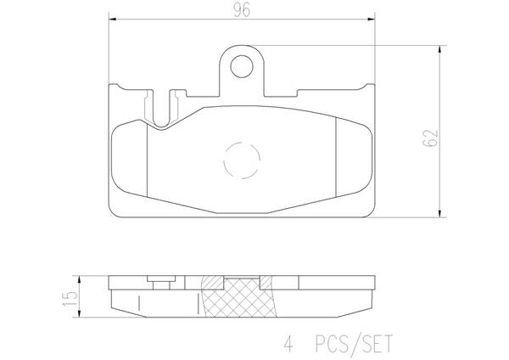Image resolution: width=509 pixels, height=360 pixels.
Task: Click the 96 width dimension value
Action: [242, 10]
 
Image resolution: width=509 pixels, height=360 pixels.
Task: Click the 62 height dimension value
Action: [430, 138]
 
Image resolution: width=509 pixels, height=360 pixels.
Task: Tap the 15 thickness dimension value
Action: [70, 299]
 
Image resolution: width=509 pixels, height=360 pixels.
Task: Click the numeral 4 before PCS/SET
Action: [288, 345]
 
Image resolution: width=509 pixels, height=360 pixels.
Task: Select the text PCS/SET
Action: [354, 344]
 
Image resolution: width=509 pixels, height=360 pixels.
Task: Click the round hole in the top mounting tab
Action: [242, 66]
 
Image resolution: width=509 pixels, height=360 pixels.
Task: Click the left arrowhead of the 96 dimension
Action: [112, 20]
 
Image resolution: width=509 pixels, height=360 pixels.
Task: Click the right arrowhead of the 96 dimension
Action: [372, 20]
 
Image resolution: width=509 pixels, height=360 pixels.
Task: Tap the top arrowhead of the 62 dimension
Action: [439, 49]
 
